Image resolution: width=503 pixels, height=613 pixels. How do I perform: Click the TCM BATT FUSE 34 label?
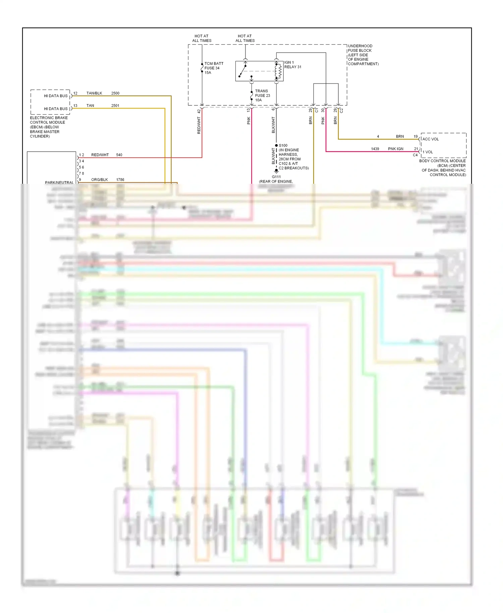pyautogui.click(x=214, y=68)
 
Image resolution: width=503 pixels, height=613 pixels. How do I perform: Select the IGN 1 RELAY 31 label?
pyautogui.click(x=293, y=65)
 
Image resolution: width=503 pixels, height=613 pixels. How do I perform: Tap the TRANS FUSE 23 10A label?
pyautogui.click(x=262, y=96)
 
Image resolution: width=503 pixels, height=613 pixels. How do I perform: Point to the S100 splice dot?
pyautogui.click(x=276, y=146)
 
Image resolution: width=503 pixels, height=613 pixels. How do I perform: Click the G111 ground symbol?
pyautogui.click(x=276, y=171)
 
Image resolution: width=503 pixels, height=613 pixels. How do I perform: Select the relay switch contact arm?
pyautogui.click(x=242, y=71)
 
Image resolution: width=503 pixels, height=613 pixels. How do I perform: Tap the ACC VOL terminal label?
pyautogui.click(x=431, y=139)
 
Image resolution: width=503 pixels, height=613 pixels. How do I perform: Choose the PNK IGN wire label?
pyautogui.click(x=396, y=149)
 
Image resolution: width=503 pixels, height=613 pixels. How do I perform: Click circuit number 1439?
pyautogui.click(x=375, y=149)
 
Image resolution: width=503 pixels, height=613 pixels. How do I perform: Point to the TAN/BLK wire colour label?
pyautogui.click(x=94, y=93)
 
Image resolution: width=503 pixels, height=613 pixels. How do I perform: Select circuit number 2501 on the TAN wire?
pyautogui.click(x=115, y=106)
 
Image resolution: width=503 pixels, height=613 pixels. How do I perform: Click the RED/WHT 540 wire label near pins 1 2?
pyautogui.click(x=100, y=155)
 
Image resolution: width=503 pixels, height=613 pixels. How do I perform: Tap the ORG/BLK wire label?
pyautogui.click(x=100, y=180)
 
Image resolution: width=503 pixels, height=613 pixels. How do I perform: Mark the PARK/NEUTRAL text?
pyautogui.click(x=59, y=182)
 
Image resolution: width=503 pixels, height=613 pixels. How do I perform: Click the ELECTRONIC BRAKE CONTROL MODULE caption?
pyautogui.click(x=48, y=127)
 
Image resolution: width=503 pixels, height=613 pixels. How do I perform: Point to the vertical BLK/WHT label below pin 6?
pyautogui.click(x=273, y=125)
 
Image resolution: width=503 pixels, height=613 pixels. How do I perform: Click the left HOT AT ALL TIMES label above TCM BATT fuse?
pyautogui.click(x=202, y=38)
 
